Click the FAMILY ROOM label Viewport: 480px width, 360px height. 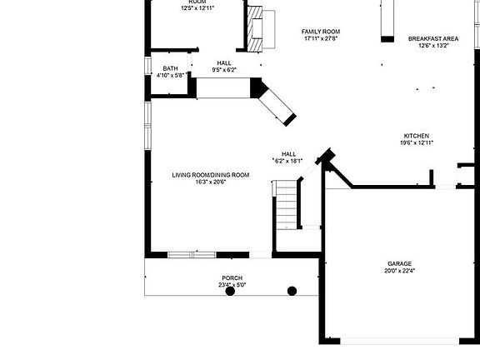pos(321,32)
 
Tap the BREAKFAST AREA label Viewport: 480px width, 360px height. pos(432,38)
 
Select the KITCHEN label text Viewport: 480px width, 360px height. pos(417,136)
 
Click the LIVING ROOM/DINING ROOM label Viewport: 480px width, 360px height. pos(211,175)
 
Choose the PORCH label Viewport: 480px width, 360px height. pos(232,277)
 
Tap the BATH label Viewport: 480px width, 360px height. pos(170,68)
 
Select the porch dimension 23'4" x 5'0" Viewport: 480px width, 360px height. pos(232,285)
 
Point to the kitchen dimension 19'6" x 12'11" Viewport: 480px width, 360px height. pos(417,142)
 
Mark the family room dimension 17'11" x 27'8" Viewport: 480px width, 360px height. pos(321,38)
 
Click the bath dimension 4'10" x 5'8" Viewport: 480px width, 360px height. pos(170,75)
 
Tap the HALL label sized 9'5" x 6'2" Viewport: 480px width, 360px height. pos(224,62)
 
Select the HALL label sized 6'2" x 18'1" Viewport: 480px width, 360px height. pos(288,154)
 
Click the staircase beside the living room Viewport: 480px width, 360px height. pos(286,204)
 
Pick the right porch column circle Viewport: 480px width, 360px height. pos(292,291)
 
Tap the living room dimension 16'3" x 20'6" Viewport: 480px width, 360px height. pos(211,182)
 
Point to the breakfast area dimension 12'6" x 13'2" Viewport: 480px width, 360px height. pos(432,45)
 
